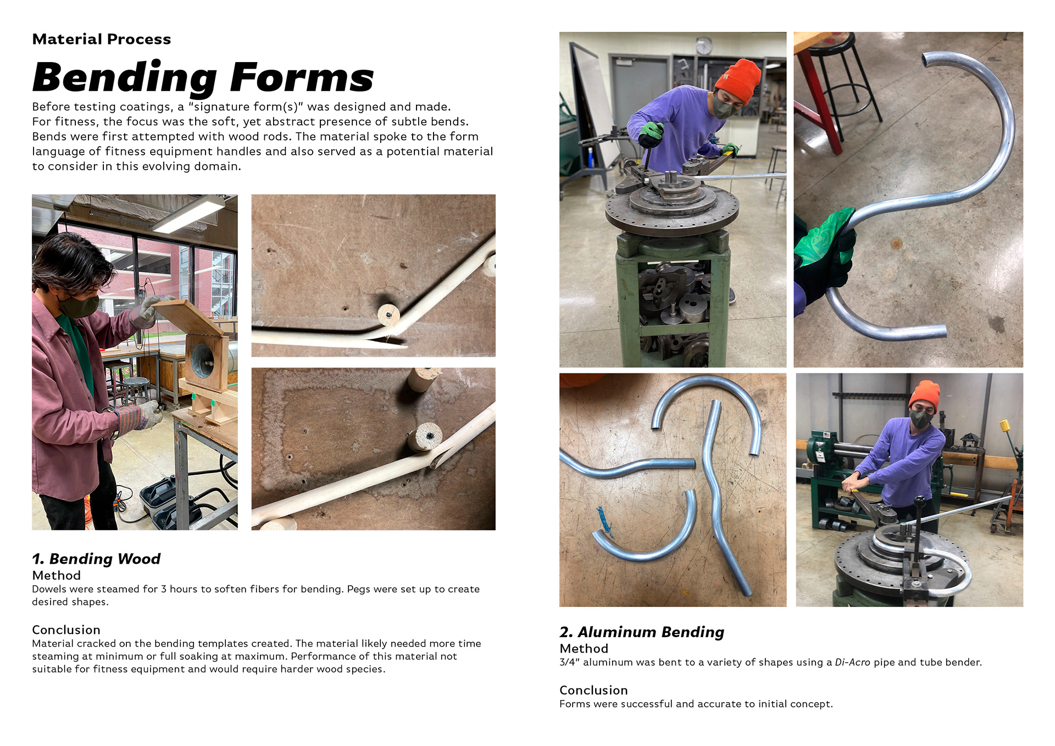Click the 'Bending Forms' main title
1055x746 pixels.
coord(203,77)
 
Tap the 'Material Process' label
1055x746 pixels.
coord(102,39)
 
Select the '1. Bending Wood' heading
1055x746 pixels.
coord(96,559)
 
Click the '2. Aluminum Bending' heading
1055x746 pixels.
coord(642,632)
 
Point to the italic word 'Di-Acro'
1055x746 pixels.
coord(852,662)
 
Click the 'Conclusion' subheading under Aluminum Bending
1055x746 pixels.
coord(593,690)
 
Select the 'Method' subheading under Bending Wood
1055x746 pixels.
coord(57,575)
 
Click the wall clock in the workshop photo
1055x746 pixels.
coord(704,46)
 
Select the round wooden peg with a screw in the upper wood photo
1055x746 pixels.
coord(389,315)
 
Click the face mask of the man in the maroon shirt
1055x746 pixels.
coord(81,306)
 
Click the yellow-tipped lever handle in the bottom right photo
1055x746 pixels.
coord(1005,425)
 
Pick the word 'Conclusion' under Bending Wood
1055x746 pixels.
coord(66,630)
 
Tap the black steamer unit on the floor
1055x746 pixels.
coord(165,503)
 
